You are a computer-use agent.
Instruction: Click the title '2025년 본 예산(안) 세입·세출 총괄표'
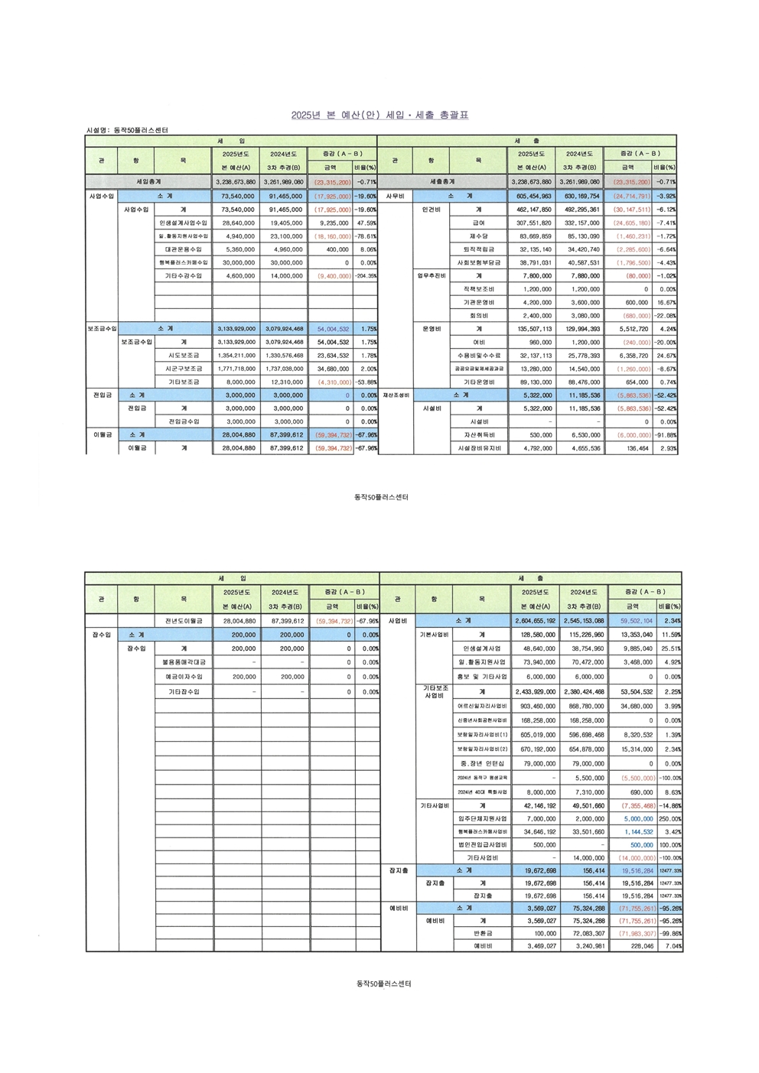coord(379,115)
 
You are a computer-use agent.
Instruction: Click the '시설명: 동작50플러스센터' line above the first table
coord(127,131)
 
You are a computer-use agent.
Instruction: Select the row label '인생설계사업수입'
coord(183,223)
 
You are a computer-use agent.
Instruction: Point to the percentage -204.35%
coord(365,276)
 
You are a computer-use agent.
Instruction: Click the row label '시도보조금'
coord(183,356)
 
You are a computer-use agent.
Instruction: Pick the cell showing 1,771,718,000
coord(236,369)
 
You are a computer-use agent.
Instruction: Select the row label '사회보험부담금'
coord(478,263)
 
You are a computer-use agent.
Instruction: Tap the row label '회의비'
coord(479,316)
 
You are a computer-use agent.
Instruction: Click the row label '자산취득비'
coord(479,435)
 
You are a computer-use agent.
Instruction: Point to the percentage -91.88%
coord(666,435)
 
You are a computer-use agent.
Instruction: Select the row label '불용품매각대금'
coord(184,662)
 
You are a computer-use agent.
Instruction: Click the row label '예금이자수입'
coord(184,677)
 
